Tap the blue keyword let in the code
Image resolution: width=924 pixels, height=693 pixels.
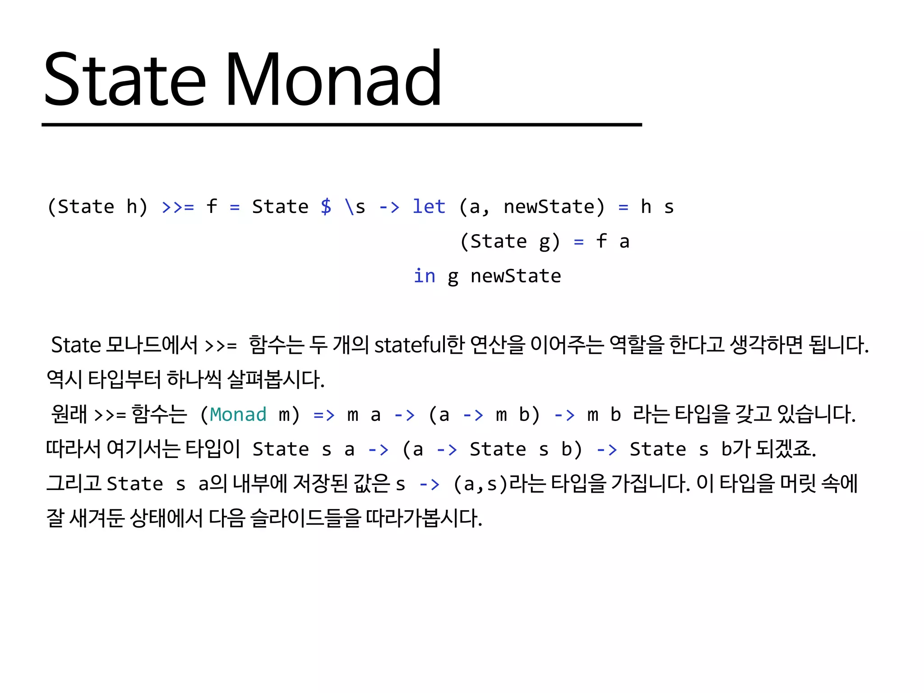429,207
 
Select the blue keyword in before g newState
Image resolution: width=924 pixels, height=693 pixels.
424,276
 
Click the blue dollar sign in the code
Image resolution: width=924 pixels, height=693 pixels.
326,207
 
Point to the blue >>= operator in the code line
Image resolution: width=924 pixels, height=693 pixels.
178,207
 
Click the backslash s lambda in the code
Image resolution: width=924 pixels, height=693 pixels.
355,207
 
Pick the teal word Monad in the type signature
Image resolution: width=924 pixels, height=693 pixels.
238,414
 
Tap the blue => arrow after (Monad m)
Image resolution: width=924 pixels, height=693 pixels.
324,415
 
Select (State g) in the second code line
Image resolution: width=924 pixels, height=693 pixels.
510,241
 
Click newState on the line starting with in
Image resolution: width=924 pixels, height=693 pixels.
516,276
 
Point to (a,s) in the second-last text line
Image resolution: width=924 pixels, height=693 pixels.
481,484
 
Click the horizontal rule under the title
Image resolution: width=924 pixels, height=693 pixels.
342,125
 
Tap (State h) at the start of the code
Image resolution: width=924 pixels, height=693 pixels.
97,207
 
